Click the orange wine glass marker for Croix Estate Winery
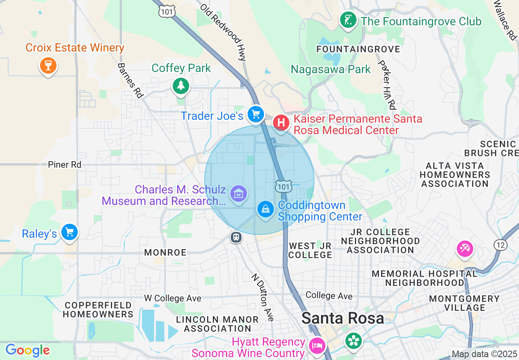48,65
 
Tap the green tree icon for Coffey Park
180,85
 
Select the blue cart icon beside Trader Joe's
256,115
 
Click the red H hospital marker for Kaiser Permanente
281,122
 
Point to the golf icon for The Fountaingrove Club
348,20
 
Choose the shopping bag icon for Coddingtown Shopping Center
266,209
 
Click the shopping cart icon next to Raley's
69,232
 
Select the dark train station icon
236,237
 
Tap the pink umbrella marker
465,249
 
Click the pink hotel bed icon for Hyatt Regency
317,346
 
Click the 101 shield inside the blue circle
283,186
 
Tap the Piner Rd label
65,164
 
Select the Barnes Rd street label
130,80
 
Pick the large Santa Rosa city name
343,318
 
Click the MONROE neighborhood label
165,252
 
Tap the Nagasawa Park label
331,69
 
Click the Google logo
27,350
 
